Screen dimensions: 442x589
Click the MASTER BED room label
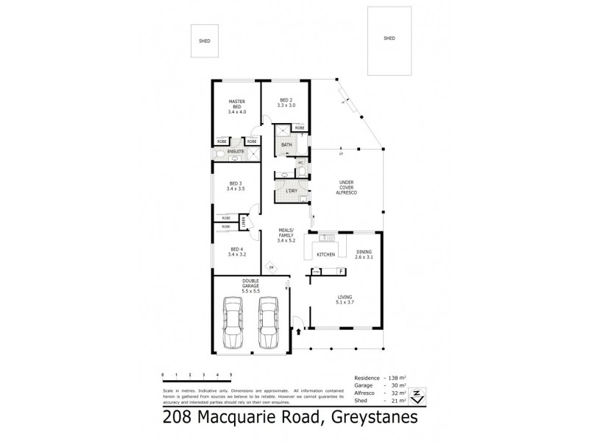click(x=236, y=106)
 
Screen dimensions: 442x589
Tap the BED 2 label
click(x=286, y=102)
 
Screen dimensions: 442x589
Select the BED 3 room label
click(x=236, y=186)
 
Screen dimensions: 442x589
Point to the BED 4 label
click(x=236, y=250)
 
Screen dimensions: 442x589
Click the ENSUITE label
click(x=236, y=151)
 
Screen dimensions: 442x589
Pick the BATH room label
click(x=286, y=145)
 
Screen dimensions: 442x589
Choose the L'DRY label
click(x=291, y=192)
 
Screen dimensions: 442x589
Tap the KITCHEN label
click(x=326, y=255)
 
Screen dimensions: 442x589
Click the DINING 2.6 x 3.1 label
click(x=364, y=254)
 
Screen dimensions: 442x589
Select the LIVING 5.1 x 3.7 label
click(x=345, y=299)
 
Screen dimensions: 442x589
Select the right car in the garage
click(x=269, y=323)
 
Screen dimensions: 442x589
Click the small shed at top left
click(x=204, y=41)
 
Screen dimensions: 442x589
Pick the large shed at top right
click(x=389, y=40)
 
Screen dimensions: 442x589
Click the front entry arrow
click(x=298, y=332)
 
